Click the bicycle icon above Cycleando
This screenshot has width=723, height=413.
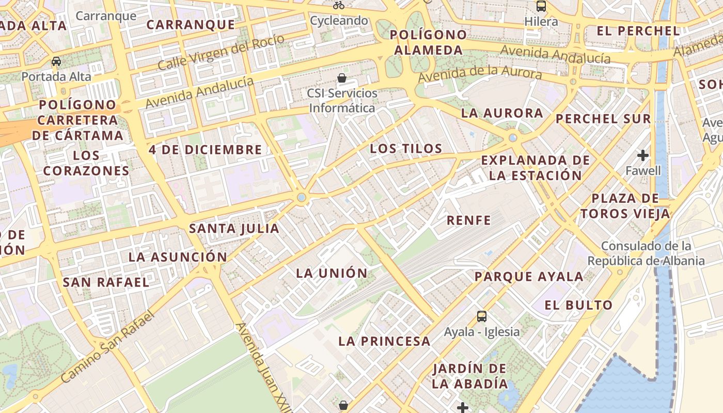(x=339, y=6)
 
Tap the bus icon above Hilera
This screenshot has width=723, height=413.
(x=541, y=6)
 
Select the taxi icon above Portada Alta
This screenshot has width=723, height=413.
(x=56, y=61)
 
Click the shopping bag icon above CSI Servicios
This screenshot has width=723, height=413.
(x=341, y=78)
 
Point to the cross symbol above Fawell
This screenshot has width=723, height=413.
(x=643, y=155)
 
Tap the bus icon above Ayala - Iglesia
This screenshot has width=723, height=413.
(x=482, y=316)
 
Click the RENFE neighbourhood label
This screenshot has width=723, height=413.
(x=469, y=220)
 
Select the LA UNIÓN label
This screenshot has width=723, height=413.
(x=332, y=273)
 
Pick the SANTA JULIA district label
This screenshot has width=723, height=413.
(x=234, y=228)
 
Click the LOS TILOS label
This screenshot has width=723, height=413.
(x=406, y=149)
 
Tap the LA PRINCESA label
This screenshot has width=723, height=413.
(x=384, y=341)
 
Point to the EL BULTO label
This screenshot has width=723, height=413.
(x=578, y=305)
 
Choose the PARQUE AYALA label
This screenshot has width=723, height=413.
(x=529, y=277)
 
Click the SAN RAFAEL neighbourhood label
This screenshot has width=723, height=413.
(x=106, y=282)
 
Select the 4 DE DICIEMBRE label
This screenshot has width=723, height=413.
(x=206, y=150)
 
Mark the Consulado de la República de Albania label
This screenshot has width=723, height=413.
(x=646, y=253)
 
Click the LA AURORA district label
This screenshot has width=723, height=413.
(x=502, y=113)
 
